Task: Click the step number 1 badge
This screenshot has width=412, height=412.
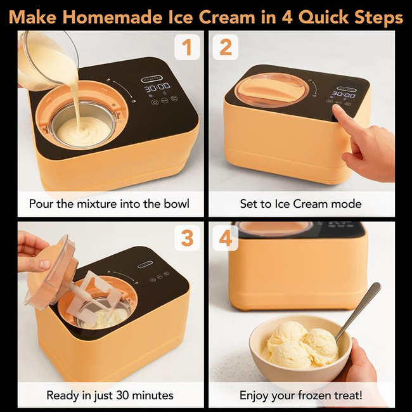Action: (187, 48)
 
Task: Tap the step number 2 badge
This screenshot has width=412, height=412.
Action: (225, 48)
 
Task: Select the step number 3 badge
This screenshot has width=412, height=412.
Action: (187, 238)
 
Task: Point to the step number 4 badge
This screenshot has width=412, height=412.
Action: (225, 238)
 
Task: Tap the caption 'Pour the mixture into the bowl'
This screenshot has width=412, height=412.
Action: (109, 204)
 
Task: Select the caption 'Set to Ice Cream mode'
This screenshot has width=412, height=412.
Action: (300, 204)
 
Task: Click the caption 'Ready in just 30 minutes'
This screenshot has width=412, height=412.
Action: (110, 395)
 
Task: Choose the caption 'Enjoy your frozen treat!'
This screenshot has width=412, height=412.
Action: (301, 395)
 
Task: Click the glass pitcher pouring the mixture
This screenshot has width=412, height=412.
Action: (44, 60)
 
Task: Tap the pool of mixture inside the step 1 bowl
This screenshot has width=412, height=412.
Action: (83, 129)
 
